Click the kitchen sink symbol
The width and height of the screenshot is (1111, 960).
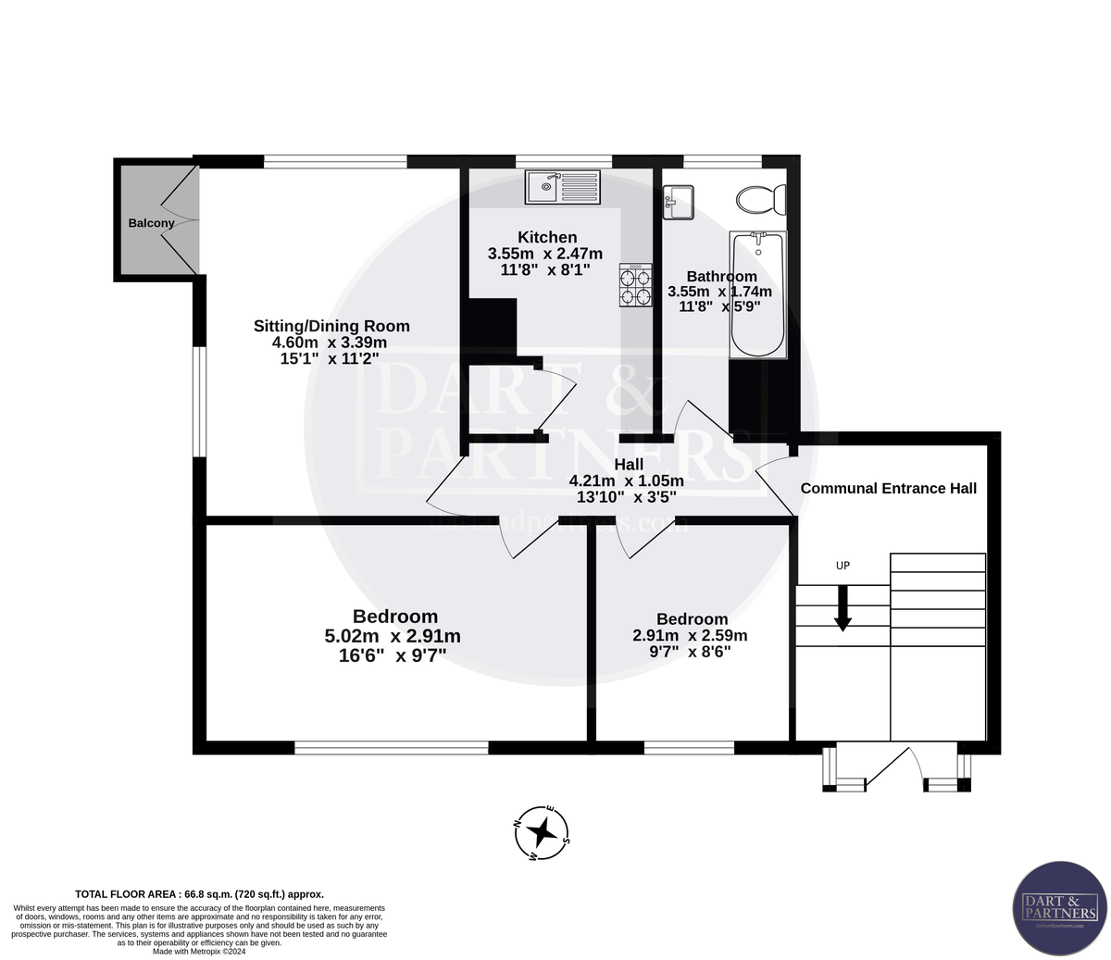(x=564, y=187)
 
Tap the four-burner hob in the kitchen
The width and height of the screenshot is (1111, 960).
(x=635, y=285)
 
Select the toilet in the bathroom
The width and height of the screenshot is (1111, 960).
(x=761, y=199)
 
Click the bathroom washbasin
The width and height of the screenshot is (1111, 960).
(x=679, y=203)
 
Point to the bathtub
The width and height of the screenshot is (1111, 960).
(x=757, y=295)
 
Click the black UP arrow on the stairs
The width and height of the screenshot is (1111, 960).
(x=843, y=612)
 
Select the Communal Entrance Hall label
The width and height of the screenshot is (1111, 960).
(x=888, y=488)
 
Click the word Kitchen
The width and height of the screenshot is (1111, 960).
(x=547, y=237)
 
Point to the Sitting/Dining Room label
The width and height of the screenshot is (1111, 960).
(x=331, y=326)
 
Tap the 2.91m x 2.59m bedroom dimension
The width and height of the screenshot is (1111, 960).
(x=690, y=635)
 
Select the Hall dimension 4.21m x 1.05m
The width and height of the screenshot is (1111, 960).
(x=626, y=480)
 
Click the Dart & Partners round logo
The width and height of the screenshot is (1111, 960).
(x=1059, y=908)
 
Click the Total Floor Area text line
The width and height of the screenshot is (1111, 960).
(x=199, y=894)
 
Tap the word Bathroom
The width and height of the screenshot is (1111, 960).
(x=721, y=276)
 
